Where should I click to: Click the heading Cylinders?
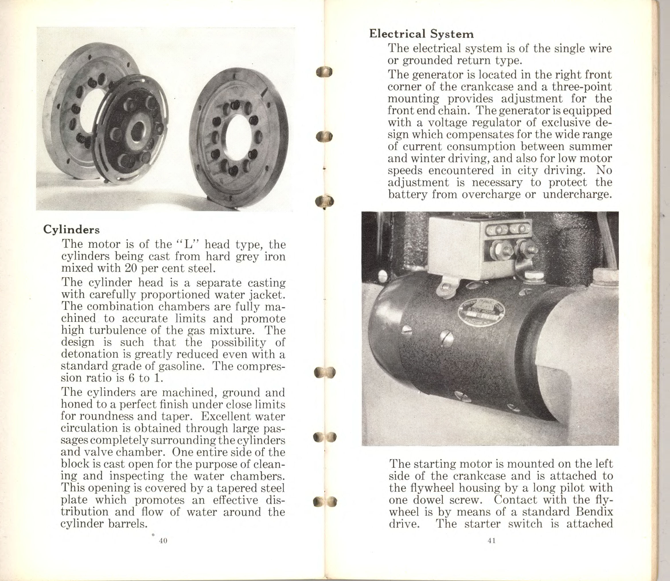point(71,229)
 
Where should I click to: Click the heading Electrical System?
point(421,34)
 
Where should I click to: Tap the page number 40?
point(163,541)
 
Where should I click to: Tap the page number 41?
point(491,541)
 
